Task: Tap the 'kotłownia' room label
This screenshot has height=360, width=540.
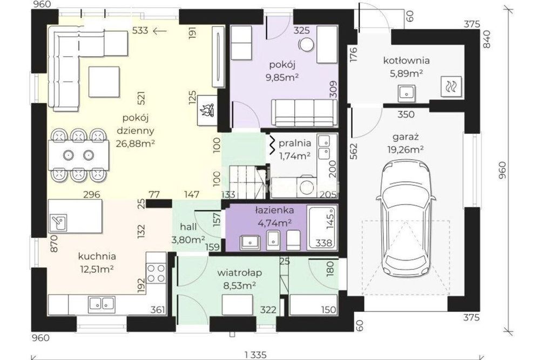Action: point(407,60)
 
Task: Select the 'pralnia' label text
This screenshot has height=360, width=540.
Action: point(295,143)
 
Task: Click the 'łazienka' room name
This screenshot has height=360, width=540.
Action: point(274,210)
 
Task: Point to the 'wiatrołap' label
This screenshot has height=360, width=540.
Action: point(239,273)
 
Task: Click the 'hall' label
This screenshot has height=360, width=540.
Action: point(188,227)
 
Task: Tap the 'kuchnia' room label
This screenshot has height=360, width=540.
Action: point(97,256)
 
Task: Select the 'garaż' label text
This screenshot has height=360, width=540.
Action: point(406,137)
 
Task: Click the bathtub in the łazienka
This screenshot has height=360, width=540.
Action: point(322,227)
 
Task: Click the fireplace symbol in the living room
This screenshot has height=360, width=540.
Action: point(207,110)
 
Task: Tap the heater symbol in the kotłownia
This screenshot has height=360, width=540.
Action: point(451,86)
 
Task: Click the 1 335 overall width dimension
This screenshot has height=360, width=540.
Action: point(255,355)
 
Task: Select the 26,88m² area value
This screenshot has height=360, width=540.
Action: point(135,143)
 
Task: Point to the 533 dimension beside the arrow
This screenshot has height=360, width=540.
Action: point(140,31)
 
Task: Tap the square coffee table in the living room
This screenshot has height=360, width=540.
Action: point(104,82)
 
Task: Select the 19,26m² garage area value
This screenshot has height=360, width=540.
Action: point(406,150)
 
